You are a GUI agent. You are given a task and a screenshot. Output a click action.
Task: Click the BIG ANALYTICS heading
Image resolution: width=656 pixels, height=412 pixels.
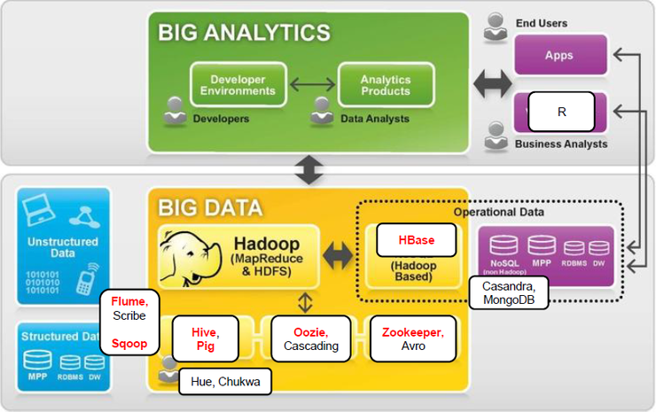tap(244, 34)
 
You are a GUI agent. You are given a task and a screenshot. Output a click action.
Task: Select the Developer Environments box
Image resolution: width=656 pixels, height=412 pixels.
tap(238, 86)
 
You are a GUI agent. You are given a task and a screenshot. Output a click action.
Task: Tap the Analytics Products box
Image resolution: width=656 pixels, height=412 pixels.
tap(386, 86)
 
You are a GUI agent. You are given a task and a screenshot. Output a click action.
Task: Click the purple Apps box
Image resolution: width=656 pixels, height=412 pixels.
tap(559, 55)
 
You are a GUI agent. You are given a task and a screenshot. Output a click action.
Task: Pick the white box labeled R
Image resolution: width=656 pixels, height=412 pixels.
tap(561, 113)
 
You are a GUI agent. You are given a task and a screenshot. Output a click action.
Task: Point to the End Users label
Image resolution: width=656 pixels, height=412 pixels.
tap(541, 23)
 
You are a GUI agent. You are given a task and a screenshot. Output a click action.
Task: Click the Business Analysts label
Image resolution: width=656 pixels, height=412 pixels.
tap(561, 144)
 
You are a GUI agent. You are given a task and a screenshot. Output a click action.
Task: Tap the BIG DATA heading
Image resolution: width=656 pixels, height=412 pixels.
tap(210, 208)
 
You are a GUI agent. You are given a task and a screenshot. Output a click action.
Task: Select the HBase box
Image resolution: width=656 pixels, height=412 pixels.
tap(416, 240)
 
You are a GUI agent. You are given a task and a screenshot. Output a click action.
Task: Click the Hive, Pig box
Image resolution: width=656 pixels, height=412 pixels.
tap(205, 338)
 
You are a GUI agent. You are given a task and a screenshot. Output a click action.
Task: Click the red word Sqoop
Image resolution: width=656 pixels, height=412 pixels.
tap(129, 342)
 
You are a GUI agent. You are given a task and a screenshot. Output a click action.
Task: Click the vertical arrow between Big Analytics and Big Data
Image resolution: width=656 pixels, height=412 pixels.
tap(308, 171)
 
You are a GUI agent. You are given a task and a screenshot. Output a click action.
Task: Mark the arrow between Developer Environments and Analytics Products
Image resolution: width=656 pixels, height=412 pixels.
tap(312, 86)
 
